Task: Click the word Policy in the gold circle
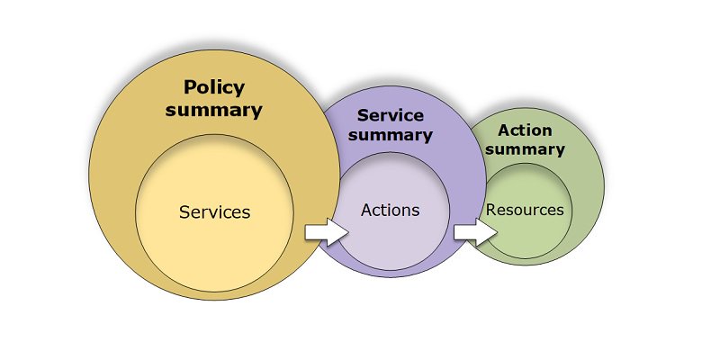214,88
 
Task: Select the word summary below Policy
214,111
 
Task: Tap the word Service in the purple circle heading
390,116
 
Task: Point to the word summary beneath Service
390,135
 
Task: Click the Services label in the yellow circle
214,213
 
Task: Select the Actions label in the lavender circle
390,210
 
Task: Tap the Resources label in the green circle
525,210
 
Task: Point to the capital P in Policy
190,88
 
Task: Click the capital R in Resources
491,210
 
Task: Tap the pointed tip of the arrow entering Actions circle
346,232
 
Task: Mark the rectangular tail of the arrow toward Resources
463,232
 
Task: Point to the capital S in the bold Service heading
363,116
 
